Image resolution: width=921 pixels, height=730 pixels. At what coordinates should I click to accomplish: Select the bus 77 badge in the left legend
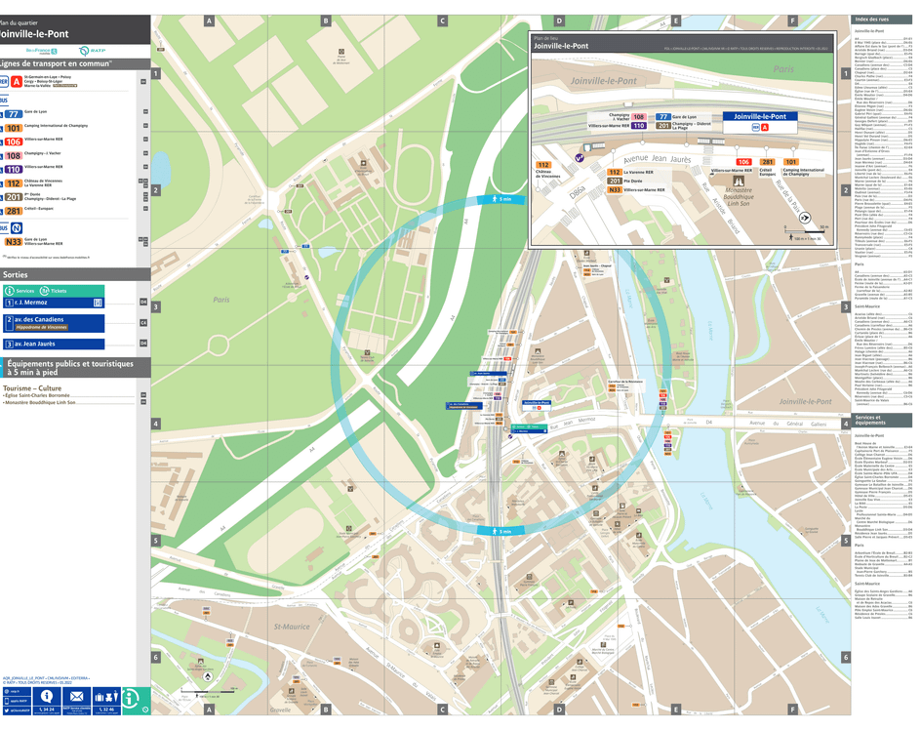(x=14, y=112)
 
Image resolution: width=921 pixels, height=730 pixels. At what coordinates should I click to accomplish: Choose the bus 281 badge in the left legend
(x=14, y=211)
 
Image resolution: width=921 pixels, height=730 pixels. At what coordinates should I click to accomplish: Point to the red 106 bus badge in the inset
(x=742, y=162)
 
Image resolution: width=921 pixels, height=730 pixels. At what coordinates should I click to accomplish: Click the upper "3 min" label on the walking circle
(x=502, y=199)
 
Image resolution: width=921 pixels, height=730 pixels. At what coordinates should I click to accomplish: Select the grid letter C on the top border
(x=442, y=20)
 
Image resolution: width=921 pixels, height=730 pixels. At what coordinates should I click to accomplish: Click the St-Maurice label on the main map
(x=292, y=626)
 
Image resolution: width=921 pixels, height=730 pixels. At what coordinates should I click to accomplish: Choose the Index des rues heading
(x=871, y=20)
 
